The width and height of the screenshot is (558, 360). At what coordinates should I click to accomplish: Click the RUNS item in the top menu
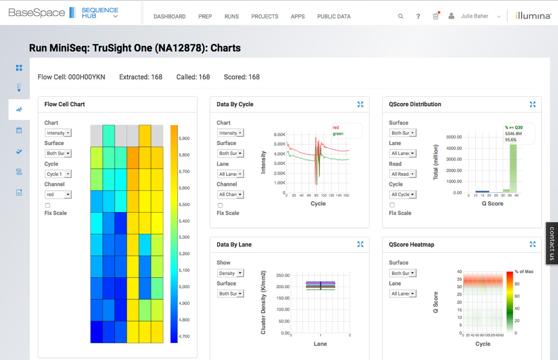[x=232, y=16]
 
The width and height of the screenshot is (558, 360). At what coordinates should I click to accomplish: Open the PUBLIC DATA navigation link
[x=334, y=16]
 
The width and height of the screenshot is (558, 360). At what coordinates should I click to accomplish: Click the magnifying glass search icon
[x=400, y=16]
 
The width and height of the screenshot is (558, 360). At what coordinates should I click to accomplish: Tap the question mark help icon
[x=418, y=16]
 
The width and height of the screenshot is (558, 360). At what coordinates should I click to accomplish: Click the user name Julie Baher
[x=474, y=16]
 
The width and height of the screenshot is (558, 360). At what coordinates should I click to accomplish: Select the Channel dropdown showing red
[x=58, y=194]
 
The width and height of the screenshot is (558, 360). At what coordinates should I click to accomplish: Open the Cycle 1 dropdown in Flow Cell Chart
[x=58, y=174]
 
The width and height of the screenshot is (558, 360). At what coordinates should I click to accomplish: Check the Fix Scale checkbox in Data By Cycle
[x=220, y=205]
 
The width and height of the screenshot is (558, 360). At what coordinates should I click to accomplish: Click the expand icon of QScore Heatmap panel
[x=533, y=244]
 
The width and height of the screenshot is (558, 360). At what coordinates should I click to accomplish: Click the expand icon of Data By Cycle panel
[x=360, y=104]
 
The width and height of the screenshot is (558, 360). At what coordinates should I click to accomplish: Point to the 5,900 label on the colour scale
[x=184, y=138]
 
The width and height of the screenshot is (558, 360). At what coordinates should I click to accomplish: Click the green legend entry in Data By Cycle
[x=338, y=134]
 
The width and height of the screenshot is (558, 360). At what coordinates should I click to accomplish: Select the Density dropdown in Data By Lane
[x=230, y=273]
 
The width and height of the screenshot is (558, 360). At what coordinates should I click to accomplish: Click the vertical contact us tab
[x=552, y=244]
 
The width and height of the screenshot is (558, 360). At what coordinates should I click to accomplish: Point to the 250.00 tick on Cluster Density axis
[x=282, y=275]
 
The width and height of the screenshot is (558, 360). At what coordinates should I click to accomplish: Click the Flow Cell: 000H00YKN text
[x=71, y=77]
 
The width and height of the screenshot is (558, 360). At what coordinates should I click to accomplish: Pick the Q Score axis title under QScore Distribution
[x=492, y=203]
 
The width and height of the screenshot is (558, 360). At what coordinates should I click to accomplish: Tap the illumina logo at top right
[x=533, y=16]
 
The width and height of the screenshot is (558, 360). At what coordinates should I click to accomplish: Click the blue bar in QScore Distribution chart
[x=482, y=191]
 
